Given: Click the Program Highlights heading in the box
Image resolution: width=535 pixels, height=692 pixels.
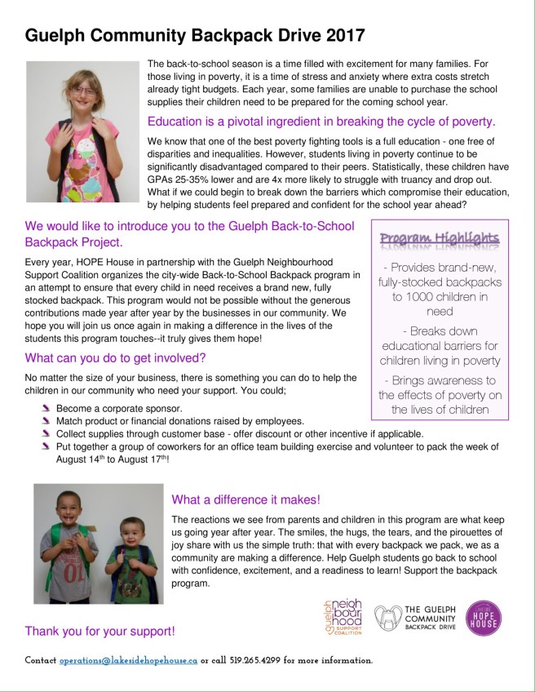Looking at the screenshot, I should pyautogui.click(x=440, y=238).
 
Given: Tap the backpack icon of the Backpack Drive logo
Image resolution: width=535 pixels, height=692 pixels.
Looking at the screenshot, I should pyautogui.click(x=389, y=618).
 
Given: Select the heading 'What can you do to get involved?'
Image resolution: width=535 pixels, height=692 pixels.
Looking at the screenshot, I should pyautogui.click(x=115, y=357).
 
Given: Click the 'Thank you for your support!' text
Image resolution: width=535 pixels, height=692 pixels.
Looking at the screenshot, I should pyautogui.click(x=99, y=631).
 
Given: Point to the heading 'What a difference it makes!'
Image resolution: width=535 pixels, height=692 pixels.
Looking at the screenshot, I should pyautogui.click(x=245, y=499).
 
